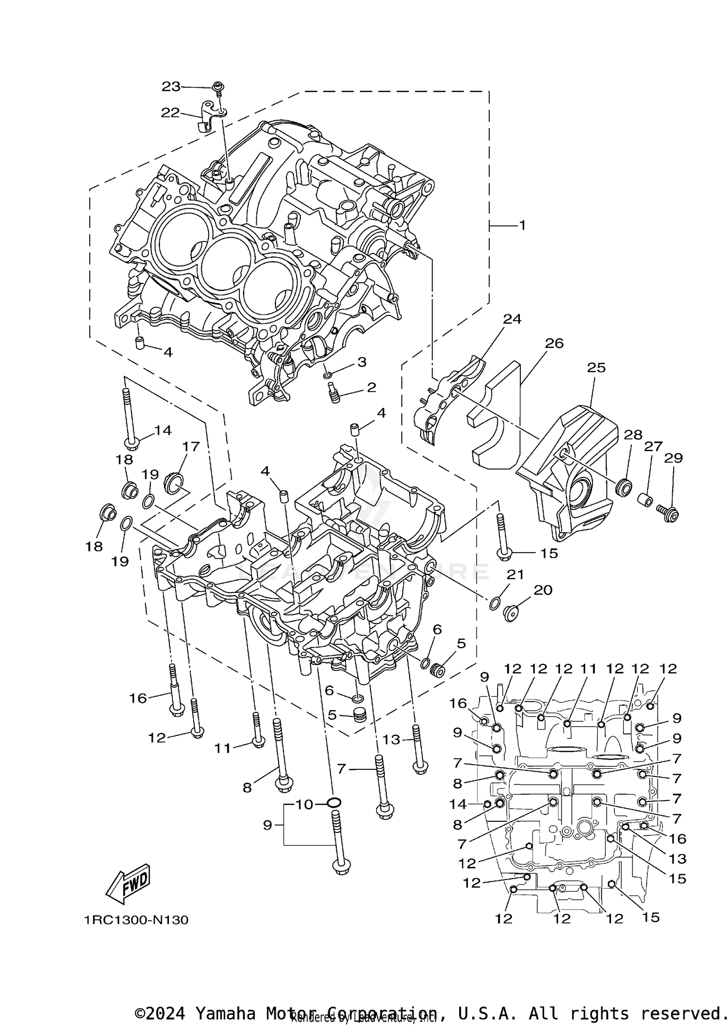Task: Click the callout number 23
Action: click(x=171, y=86)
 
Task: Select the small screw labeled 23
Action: click(x=218, y=87)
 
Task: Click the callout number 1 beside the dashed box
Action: click(x=522, y=225)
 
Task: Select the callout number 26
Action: click(x=554, y=343)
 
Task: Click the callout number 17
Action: click(x=191, y=446)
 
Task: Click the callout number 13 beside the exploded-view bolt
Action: click(x=391, y=739)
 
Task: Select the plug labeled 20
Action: click(x=511, y=614)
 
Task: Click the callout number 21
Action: click(x=515, y=575)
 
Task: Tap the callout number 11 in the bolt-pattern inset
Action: click(x=588, y=669)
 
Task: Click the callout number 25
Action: click(x=596, y=368)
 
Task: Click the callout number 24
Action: click(x=512, y=319)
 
